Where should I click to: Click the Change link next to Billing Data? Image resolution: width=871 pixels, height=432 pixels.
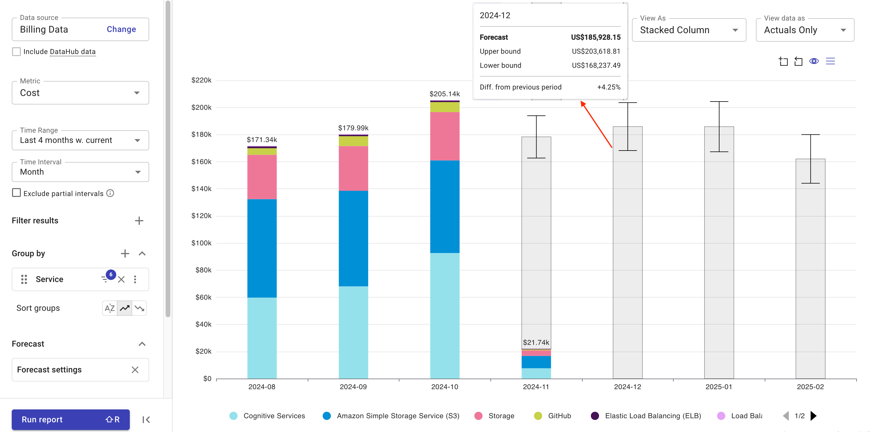(121, 29)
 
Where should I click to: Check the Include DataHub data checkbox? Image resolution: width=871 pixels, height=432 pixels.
(16, 52)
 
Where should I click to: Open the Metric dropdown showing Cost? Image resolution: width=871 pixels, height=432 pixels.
(80, 93)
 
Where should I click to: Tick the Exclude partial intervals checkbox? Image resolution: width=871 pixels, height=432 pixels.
(16, 193)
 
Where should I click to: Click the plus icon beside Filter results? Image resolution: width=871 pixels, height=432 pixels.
(139, 221)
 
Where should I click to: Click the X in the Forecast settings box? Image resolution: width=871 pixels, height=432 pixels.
(135, 370)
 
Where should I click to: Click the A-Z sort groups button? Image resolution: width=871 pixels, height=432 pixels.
(110, 308)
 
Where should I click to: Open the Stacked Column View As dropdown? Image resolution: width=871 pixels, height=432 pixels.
(688, 30)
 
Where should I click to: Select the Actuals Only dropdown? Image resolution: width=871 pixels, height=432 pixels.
(804, 30)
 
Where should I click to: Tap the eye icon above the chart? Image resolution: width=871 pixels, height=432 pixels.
(813, 61)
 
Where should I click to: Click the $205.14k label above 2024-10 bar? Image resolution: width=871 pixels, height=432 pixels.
(444, 94)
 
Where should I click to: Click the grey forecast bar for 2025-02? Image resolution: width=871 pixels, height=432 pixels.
(810, 270)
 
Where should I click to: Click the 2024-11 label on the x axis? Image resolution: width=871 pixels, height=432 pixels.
(536, 387)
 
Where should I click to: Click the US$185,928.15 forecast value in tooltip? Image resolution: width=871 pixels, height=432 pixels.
(596, 37)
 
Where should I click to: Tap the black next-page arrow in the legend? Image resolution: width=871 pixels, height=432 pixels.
(813, 416)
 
